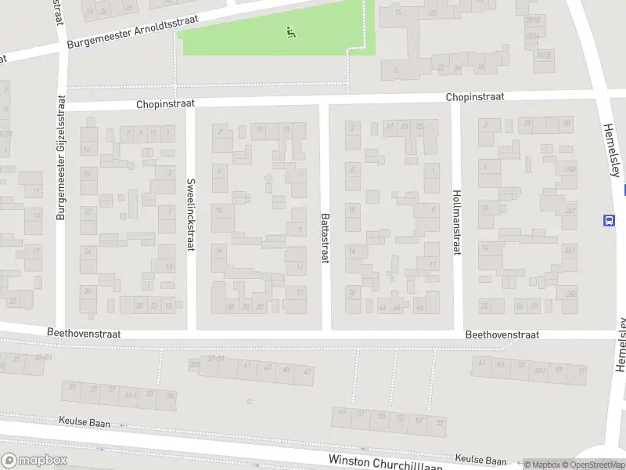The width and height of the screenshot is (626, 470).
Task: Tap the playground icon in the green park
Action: point(290,32)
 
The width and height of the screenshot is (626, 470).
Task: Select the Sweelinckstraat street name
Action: point(190,215)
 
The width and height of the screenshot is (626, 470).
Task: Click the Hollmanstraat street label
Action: point(457,222)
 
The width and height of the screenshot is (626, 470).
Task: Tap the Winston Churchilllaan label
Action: point(386,463)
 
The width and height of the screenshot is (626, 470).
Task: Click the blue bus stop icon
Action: point(607,220)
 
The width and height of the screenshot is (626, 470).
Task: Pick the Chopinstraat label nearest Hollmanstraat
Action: point(475,97)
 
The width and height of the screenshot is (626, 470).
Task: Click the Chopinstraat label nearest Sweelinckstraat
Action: point(164,103)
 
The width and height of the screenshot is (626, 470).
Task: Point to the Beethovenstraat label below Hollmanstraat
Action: point(502,334)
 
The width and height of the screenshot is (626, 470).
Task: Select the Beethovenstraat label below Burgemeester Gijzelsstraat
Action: point(84,333)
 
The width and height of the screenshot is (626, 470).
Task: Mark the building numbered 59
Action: point(440,423)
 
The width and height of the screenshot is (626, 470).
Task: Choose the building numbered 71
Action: point(580,371)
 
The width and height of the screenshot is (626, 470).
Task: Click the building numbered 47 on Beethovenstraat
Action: point(308,371)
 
